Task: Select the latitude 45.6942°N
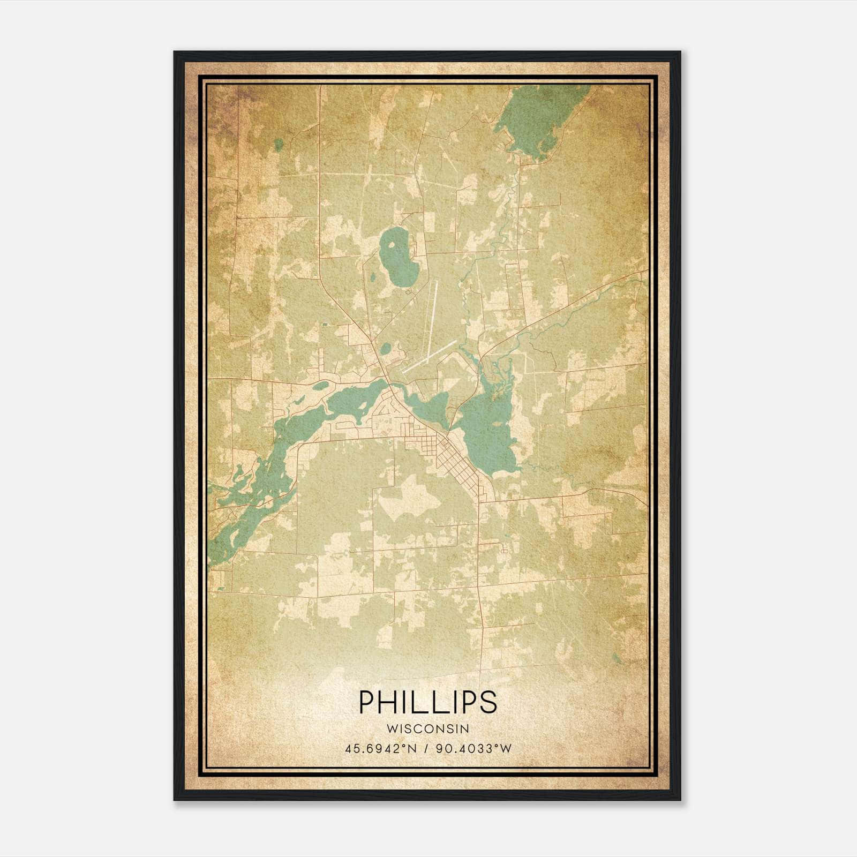[381, 748]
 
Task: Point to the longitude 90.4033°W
[474, 748]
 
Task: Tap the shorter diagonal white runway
[429, 356]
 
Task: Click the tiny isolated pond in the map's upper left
[278, 144]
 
